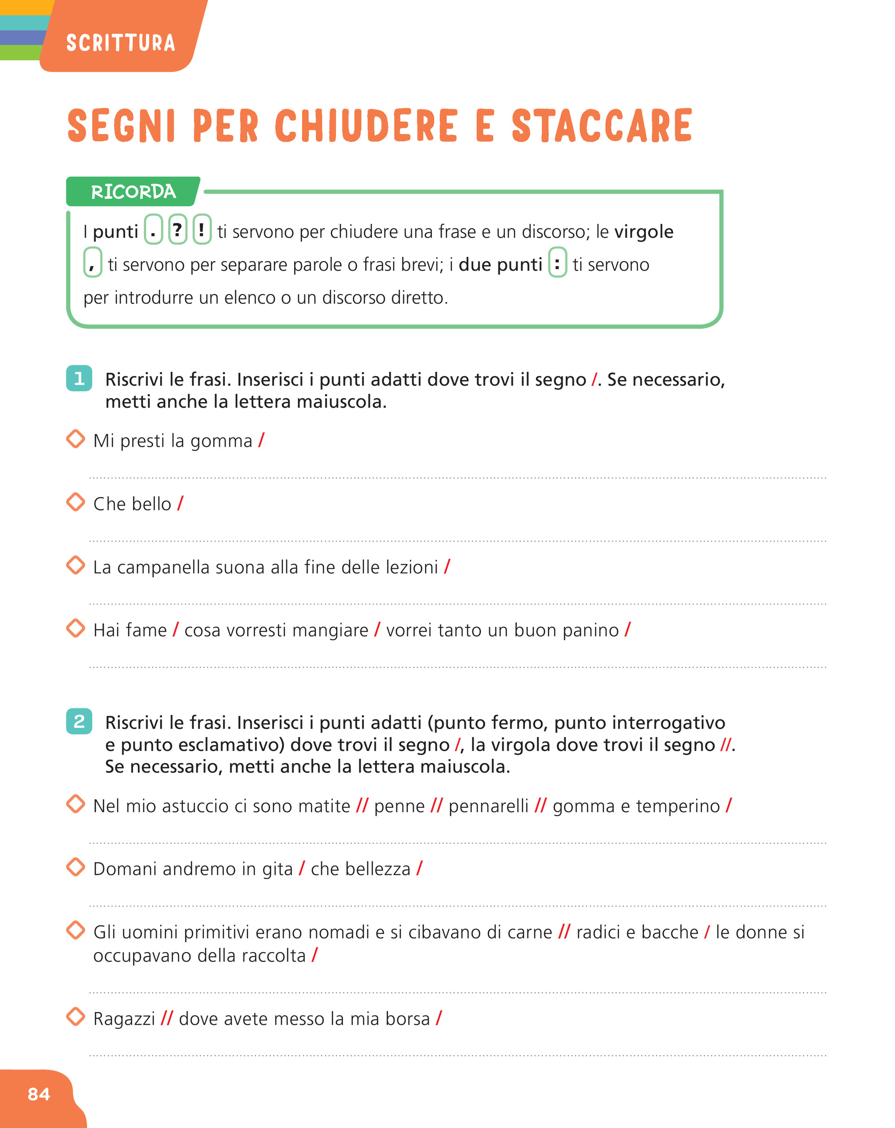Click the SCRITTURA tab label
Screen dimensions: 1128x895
pyautogui.click(x=121, y=43)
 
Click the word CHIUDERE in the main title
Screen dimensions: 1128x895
pyautogui.click(x=366, y=126)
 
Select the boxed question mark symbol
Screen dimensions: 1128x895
pyautogui.click(x=177, y=230)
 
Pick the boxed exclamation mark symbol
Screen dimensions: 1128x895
pyautogui.click(x=202, y=230)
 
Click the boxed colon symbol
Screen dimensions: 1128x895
pyautogui.click(x=557, y=263)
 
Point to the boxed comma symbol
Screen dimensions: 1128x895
pyautogui.click(x=93, y=263)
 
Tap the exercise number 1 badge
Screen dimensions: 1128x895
pyautogui.click(x=79, y=378)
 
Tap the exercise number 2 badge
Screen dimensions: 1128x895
pyautogui.click(x=79, y=721)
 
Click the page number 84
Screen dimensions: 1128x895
pyautogui.click(x=39, y=1094)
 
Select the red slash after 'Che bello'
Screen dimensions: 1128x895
pyautogui.click(x=180, y=504)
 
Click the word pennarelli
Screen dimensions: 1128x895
pyautogui.click(x=488, y=806)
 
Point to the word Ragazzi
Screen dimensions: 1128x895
pyautogui.click(x=124, y=1019)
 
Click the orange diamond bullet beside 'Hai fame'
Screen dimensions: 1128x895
pyautogui.click(x=76, y=628)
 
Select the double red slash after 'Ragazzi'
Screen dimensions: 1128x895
pyautogui.click(x=167, y=1018)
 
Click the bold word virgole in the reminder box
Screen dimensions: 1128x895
pyautogui.click(x=643, y=231)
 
